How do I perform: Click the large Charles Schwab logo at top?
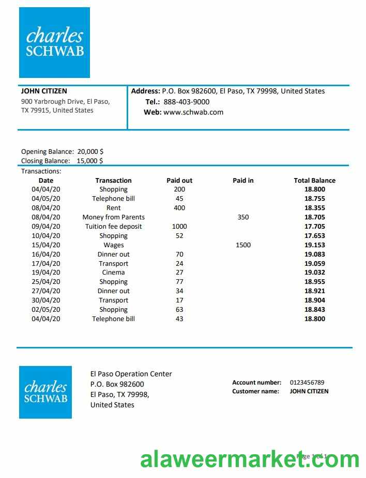click(54, 42)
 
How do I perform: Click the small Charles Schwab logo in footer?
click(45, 392)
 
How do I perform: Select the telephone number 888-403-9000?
click(186, 102)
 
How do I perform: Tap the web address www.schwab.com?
click(193, 112)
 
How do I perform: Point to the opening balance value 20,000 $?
click(90, 152)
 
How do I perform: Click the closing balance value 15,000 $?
click(90, 161)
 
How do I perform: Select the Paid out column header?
click(179, 181)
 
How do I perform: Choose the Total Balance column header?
click(314, 181)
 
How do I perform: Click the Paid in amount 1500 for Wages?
click(243, 245)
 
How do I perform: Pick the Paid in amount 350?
click(243, 217)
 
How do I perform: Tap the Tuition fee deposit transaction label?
click(113, 227)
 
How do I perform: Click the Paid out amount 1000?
click(179, 227)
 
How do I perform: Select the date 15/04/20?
click(46, 245)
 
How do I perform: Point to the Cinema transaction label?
click(113, 273)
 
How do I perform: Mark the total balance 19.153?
click(314, 245)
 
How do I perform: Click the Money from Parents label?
click(113, 217)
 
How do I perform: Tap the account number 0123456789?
click(307, 383)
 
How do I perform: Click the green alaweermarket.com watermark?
click(250, 458)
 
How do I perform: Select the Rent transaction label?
click(113, 208)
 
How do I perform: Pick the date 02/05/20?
click(46, 310)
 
